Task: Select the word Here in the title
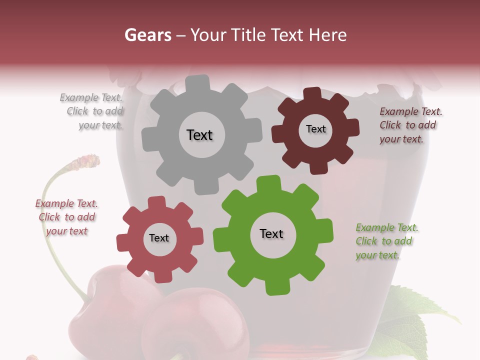(x=328, y=35)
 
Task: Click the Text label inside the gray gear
(x=199, y=135)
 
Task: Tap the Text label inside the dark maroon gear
(x=315, y=129)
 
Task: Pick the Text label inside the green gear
(x=271, y=233)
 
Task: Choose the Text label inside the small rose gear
(x=159, y=238)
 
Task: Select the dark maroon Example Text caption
(x=410, y=125)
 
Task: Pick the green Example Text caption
(x=386, y=241)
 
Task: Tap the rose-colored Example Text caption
(x=66, y=217)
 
